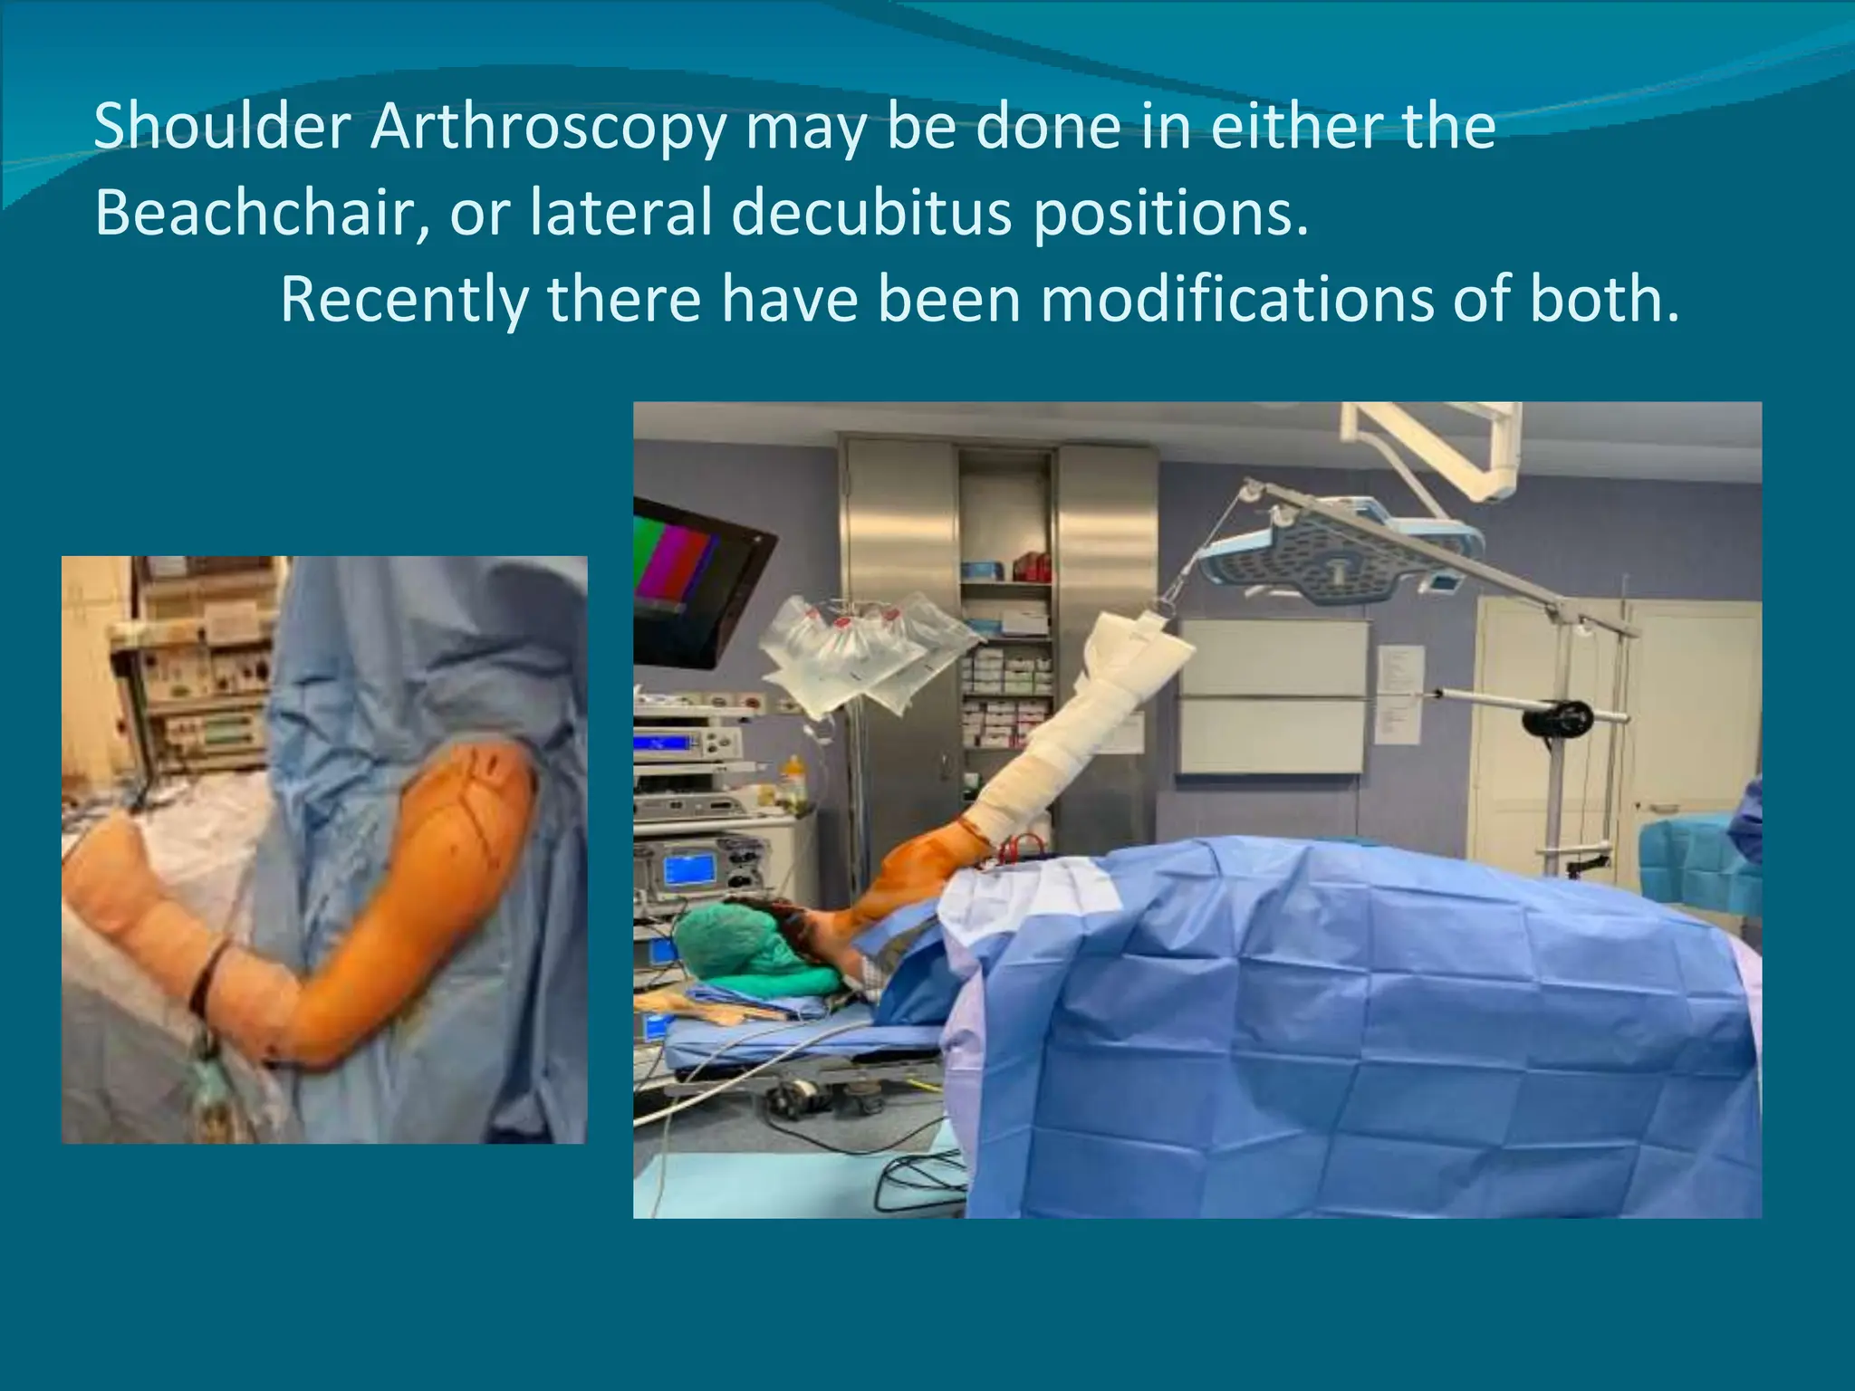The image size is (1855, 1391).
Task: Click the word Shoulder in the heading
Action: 222,127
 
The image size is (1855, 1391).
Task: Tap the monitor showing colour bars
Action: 693,580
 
